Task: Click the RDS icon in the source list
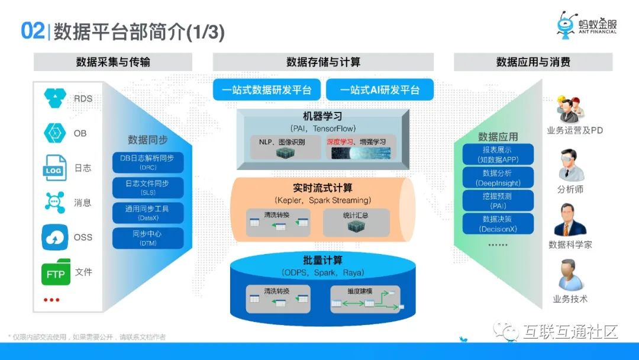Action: (x=56, y=98)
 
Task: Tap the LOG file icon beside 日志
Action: (x=54, y=168)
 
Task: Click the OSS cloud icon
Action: (x=55, y=237)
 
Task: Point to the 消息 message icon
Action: (x=55, y=202)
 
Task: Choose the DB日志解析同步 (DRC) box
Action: (x=148, y=162)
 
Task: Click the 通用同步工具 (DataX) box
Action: (x=148, y=213)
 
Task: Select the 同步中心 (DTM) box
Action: (x=148, y=238)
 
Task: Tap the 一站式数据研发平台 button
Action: (x=266, y=90)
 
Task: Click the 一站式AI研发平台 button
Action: (x=380, y=90)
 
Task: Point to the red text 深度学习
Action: (x=338, y=142)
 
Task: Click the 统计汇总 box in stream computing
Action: (x=356, y=223)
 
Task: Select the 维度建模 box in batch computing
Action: (x=365, y=300)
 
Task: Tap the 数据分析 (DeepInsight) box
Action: (x=497, y=178)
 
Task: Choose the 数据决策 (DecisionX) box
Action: (x=497, y=224)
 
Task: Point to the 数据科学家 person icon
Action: (x=570, y=220)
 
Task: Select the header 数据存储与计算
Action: (x=323, y=62)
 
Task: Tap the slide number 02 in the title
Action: (x=33, y=31)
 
